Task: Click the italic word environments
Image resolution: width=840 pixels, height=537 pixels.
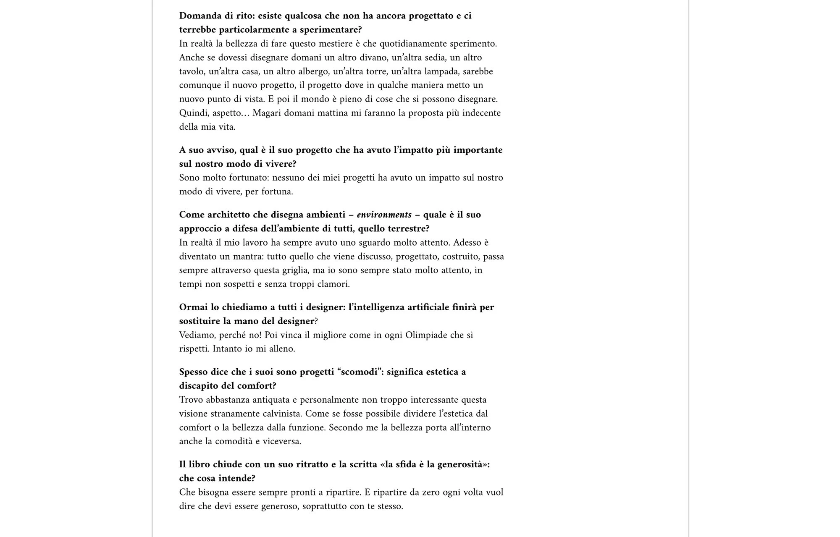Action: click(384, 215)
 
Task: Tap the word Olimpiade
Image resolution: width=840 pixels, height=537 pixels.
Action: click(426, 335)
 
